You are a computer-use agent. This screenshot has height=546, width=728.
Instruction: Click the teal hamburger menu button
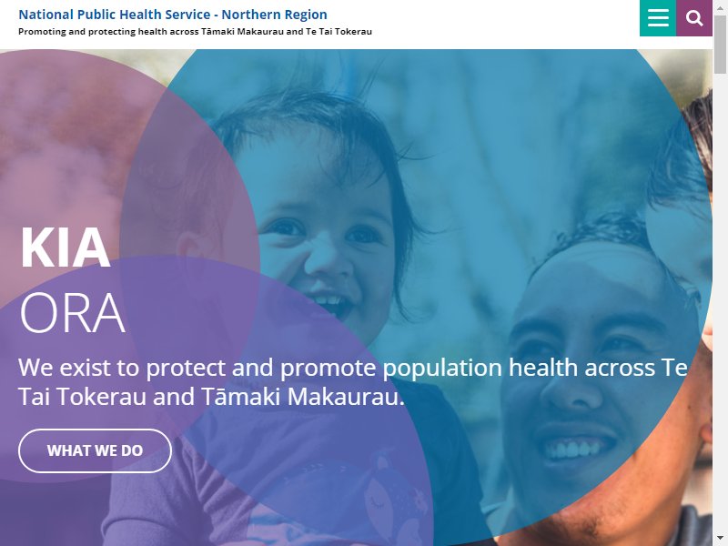pos(658,18)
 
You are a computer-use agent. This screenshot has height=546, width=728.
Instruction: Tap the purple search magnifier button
pos(694,18)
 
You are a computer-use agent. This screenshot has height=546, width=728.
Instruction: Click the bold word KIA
pos(65,248)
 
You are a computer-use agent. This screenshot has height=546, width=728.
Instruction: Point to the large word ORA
pos(73,312)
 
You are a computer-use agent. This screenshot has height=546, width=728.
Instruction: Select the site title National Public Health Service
pos(115,15)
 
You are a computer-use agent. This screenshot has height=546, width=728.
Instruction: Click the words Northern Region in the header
pos(274,15)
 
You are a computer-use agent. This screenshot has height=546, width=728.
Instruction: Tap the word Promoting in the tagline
pos(39,32)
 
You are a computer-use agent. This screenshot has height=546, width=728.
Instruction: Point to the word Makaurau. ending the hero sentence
pos(346,397)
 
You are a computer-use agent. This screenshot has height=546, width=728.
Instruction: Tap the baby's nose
pos(324,261)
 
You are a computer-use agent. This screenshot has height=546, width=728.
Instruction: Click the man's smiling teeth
pos(572,449)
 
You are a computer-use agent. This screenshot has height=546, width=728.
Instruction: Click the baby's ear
pos(190,247)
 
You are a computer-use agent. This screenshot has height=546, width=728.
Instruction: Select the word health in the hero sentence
pos(543,368)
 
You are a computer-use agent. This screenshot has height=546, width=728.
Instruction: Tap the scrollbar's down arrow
pos(720,540)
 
